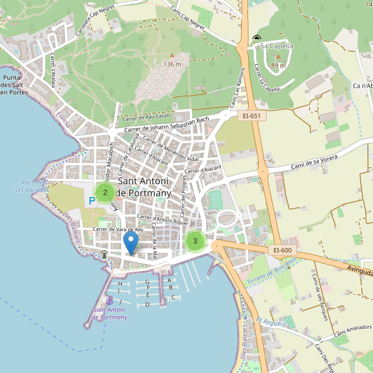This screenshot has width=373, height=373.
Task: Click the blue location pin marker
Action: (x=131, y=242)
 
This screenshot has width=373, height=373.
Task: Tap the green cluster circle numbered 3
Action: (x=195, y=241)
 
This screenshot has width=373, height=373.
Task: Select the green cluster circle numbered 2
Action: (x=105, y=193)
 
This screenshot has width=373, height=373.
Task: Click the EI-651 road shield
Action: (x=252, y=116)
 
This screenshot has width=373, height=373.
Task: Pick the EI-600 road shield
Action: (x=282, y=250)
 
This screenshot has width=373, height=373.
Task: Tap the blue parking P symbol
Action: (x=93, y=201)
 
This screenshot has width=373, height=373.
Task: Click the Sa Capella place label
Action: (x=276, y=46)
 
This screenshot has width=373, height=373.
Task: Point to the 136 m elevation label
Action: (x=172, y=64)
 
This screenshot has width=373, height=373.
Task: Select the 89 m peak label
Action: (x=278, y=65)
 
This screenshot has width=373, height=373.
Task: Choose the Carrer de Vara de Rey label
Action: (x=117, y=229)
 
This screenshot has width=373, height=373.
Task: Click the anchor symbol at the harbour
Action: (x=111, y=300)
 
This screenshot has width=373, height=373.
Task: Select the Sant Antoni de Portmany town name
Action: (x=143, y=186)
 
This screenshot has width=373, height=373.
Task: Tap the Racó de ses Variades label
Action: (x=30, y=186)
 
